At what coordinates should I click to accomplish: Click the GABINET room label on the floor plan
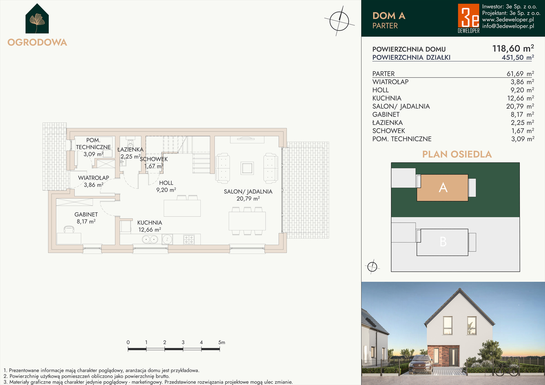[x=86, y=214]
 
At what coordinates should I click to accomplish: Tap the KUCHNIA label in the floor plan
[x=150, y=223]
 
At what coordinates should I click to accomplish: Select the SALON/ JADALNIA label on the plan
[x=248, y=191]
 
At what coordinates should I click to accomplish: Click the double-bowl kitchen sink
[x=150, y=240]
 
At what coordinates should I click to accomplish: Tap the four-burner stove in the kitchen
[x=189, y=240]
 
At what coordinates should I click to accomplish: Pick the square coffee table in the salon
[x=247, y=168]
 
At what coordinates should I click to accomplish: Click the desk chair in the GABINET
[x=69, y=230]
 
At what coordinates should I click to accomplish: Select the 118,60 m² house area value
[x=513, y=48]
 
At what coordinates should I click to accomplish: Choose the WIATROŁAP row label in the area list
[x=390, y=82]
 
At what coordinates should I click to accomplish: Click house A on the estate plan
[x=442, y=188]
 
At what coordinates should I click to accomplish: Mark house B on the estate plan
[x=442, y=242]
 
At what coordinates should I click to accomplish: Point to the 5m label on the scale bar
[x=222, y=342]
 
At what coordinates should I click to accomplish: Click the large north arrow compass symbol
[x=339, y=21]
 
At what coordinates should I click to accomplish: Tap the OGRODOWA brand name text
[x=37, y=42]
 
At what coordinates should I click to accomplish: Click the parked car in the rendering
[x=421, y=364]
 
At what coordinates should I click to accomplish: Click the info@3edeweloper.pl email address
[x=508, y=26]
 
